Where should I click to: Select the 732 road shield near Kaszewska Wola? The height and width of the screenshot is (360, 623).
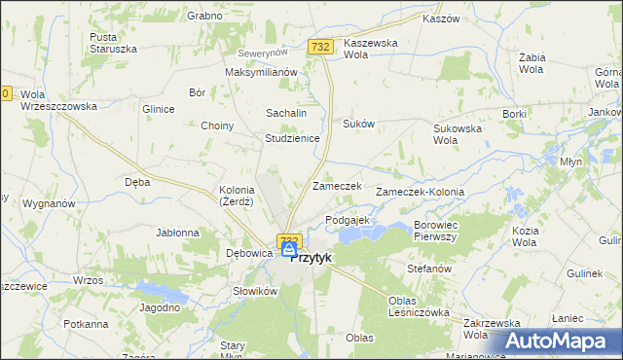click(320, 46)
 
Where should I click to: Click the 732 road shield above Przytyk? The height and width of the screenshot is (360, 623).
click(287, 238)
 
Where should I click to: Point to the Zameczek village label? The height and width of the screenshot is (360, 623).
click(337, 186)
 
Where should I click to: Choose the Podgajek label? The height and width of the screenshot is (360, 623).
click(347, 220)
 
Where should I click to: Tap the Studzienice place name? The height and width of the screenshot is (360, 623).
click(293, 138)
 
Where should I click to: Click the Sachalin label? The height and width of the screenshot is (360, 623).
click(287, 114)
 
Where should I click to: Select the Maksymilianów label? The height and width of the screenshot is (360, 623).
click(260, 72)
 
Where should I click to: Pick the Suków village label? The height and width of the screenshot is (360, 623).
click(358, 124)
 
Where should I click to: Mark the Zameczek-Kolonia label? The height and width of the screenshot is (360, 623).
click(426, 193)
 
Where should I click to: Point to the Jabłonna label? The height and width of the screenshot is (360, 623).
click(177, 233)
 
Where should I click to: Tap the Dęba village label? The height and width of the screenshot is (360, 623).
click(136, 180)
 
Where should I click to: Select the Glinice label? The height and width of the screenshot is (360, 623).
click(158, 109)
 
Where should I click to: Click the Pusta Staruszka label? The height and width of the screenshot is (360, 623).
click(109, 42)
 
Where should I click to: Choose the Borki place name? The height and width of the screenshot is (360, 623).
click(514, 114)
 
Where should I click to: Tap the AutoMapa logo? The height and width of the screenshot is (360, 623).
click(563, 342)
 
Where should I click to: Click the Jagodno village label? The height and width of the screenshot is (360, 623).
click(161, 307)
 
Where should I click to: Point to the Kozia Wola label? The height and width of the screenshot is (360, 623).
click(525, 235)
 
